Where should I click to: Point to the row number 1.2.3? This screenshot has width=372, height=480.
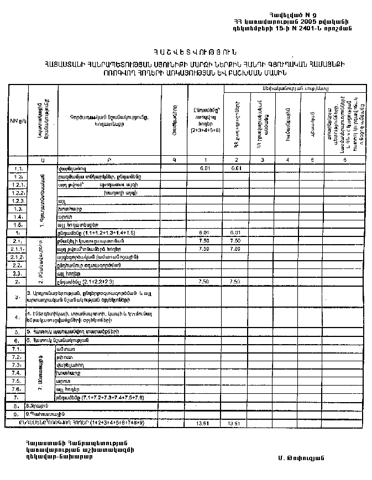tap(17, 201)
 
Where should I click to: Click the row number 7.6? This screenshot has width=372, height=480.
tap(17, 389)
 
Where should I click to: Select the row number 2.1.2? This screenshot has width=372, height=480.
tap(17, 257)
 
